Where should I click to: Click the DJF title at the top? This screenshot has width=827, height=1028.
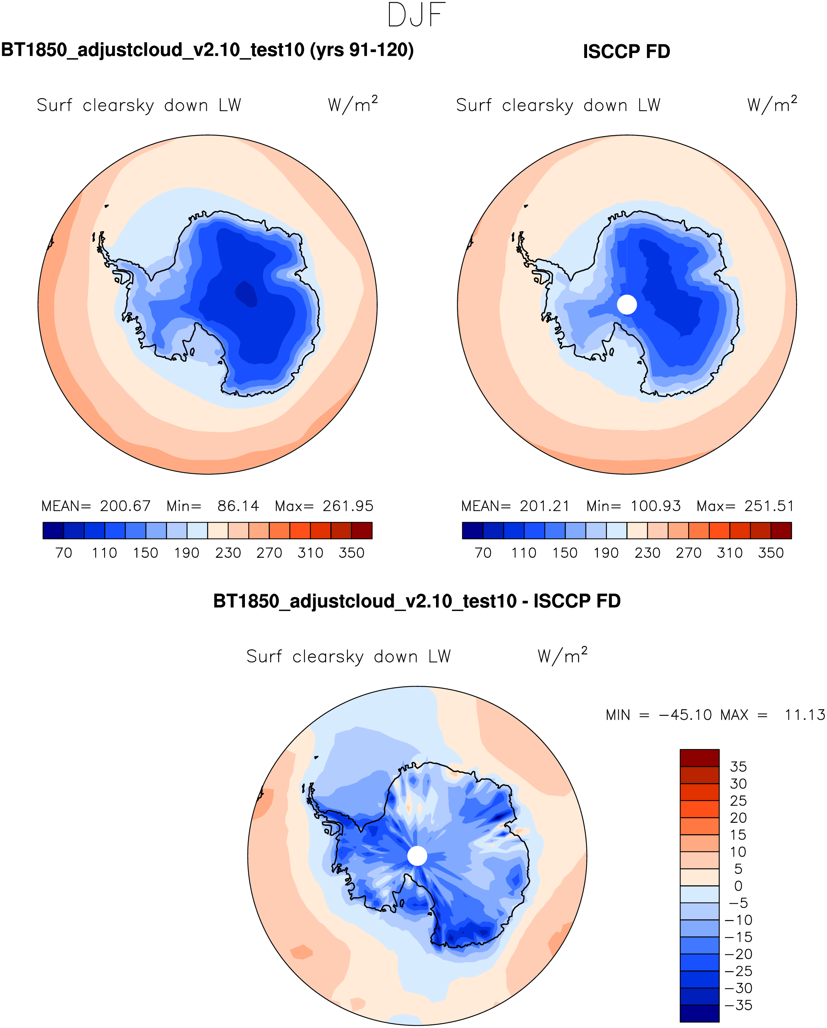pyautogui.click(x=417, y=15)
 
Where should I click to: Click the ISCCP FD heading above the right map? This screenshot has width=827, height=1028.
pyautogui.click(x=626, y=51)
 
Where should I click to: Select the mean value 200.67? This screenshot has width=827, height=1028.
pyautogui.click(x=125, y=506)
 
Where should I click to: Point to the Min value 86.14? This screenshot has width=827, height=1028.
pyautogui.click(x=238, y=506)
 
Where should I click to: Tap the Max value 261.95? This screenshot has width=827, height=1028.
pyautogui.click(x=348, y=506)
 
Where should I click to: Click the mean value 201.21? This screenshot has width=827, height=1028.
pyautogui.click(x=545, y=506)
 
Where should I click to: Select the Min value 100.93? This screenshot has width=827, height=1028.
pyautogui.click(x=655, y=506)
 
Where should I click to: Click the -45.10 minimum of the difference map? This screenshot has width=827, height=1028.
pyautogui.click(x=685, y=715)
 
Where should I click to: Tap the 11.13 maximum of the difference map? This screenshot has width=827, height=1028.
pyautogui.click(x=804, y=715)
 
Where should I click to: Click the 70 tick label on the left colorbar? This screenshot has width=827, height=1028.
pyautogui.click(x=63, y=553)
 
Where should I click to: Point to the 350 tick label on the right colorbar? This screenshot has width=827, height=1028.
pyautogui.click(x=771, y=553)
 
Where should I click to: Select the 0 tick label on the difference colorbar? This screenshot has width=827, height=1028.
pyautogui.click(x=738, y=886)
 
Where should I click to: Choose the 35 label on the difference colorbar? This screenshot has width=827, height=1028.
pyautogui.click(x=738, y=767)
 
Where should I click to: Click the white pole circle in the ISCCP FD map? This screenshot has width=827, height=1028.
pyautogui.click(x=627, y=305)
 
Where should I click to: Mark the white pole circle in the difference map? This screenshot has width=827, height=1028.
pyautogui.click(x=417, y=856)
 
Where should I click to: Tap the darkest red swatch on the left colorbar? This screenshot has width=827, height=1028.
pyautogui.click(x=362, y=531)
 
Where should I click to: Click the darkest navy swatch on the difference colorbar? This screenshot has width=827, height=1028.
pyautogui.click(x=699, y=1013)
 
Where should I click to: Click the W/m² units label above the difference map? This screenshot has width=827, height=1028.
pyautogui.click(x=562, y=656)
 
